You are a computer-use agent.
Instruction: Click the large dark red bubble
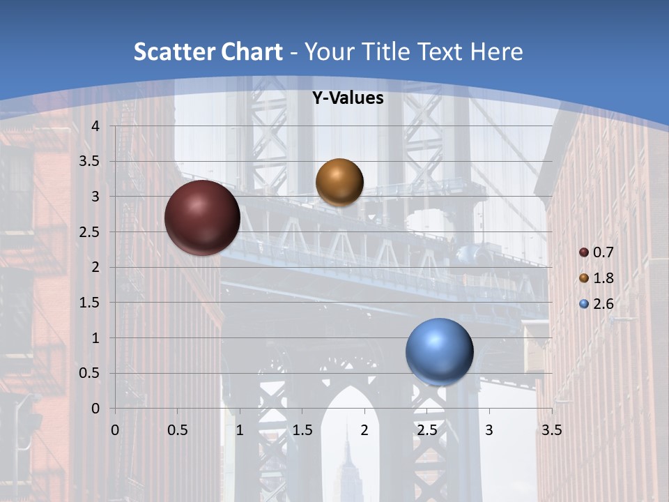tap(202, 218)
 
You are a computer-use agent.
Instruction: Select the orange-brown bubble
tap(339, 182)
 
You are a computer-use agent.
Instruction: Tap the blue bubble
tap(439, 351)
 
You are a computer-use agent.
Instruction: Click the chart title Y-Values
tap(347, 98)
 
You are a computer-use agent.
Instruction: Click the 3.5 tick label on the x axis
tap(551, 430)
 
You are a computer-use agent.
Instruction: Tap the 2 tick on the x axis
tap(364, 430)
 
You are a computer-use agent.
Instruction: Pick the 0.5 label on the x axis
tap(177, 430)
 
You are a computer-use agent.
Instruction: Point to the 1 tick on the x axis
tap(240, 430)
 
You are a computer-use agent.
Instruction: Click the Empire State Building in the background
tap(346, 467)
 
